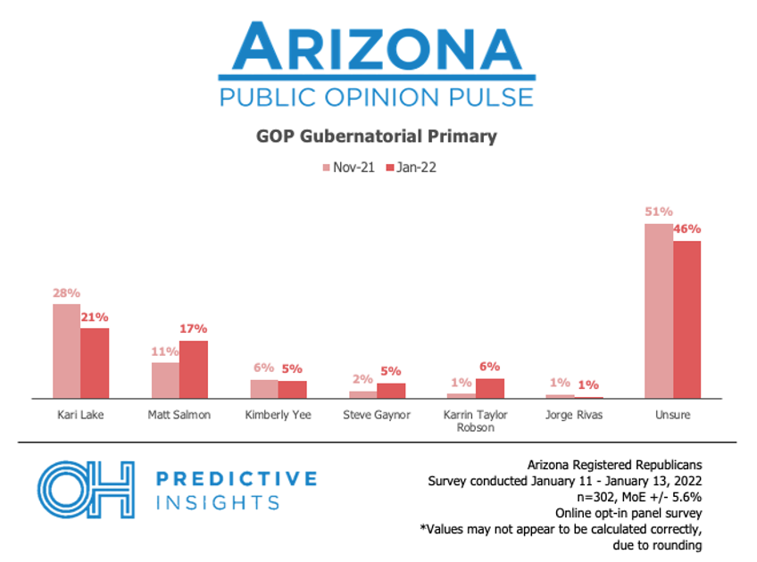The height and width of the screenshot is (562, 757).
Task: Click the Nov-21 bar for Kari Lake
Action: pyautogui.click(x=66, y=351)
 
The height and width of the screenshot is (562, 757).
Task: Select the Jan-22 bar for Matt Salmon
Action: pyautogui.click(x=193, y=369)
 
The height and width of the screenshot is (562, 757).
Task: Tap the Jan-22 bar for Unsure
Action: pyautogui.click(x=686, y=319)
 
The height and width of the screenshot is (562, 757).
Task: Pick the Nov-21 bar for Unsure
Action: pyautogui.click(x=659, y=310)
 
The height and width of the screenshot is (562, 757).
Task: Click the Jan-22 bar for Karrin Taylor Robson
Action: pyautogui.click(x=489, y=388)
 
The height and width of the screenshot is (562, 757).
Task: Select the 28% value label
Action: pyautogui.click(x=66, y=293)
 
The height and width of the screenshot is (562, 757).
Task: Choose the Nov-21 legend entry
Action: pyautogui.click(x=347, y=167)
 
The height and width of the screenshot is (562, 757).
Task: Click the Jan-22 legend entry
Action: pyautogui.click(x=411, y=167)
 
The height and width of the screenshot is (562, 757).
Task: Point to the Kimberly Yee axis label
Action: pyautogui.click(x=278, y=415)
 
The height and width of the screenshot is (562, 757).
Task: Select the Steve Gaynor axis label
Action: pyautogui.click(x=376, y=415)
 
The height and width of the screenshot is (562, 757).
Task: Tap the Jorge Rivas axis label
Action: pyautogui.click(x=573, y=415)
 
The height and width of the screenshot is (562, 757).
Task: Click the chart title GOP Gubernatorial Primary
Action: pyautogui.click(x=377, y=136)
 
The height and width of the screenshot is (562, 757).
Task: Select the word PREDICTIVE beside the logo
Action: pyautogui.click(x=237, y=479)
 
